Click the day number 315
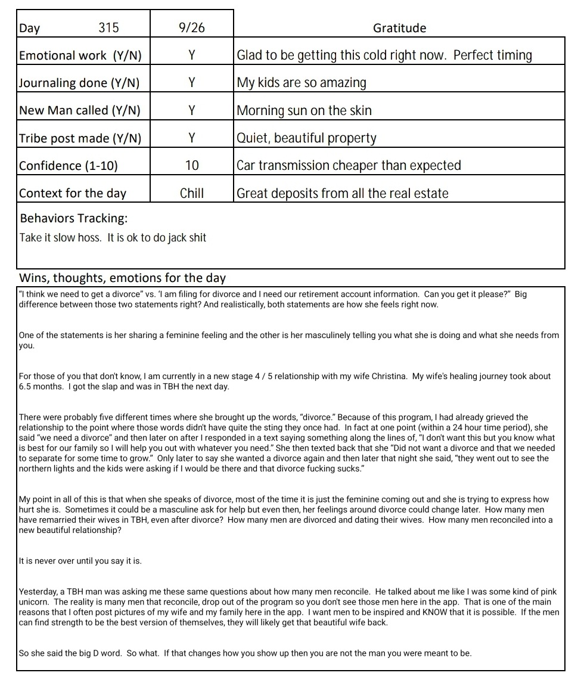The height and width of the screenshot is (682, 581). tap(108, 28)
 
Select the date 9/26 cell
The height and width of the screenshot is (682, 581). tap(192, 28)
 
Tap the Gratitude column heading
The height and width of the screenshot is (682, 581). tap(399, 28)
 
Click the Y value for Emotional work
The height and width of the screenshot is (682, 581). tap(192, 55)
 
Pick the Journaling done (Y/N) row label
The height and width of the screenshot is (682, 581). tap(79, 83)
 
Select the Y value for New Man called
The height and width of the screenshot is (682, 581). tap(192, 110)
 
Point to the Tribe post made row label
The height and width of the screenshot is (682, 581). tap(80, 138)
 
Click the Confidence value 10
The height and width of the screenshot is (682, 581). tap(192, 166)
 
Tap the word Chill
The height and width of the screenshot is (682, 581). tap(192, 193)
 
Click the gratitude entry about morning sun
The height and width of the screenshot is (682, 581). tap(304, 110)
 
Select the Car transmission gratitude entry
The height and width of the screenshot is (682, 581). tap(349, 166)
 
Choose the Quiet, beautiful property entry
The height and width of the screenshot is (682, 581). tap(306, 138)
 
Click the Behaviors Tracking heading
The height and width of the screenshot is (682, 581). tap(74, 218)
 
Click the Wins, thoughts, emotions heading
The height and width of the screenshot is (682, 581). tap(123, 278)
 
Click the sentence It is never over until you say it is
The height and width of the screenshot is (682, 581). tap(80, 561)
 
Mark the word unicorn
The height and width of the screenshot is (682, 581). tap(35, 602)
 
